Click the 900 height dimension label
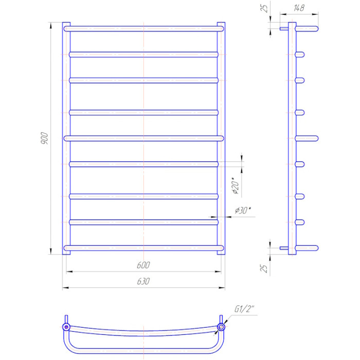coord(44,138)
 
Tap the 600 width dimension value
coord(143,265)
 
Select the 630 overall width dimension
coord(143,281)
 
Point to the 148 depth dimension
coord(299,8)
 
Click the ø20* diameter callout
coord(236,186)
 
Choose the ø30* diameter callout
coord(243,210)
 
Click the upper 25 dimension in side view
coord(264,8)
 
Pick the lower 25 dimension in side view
coord(264,268)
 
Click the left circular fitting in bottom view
coord(66,327)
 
